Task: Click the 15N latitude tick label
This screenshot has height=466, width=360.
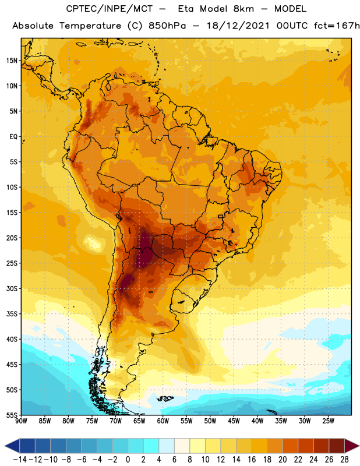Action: [12, 61]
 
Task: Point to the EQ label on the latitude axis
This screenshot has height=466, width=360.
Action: [13, 137]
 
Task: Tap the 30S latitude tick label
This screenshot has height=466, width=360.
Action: [12, 288]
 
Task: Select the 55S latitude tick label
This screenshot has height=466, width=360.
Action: [12, 415]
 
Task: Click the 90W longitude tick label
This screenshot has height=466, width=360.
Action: [21, 421]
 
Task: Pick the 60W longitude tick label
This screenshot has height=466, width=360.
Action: [163, 421]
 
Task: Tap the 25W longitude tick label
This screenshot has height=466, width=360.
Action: [328, 421]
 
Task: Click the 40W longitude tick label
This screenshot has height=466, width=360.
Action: [257, 421]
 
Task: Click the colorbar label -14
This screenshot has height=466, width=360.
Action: [20, 460]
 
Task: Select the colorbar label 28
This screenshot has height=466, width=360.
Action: [344, 460]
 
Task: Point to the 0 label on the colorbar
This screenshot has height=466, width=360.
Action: [128, 460]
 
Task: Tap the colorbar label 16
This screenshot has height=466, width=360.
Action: [252, 460]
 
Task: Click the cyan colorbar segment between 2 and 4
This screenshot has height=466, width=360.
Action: [151, 446]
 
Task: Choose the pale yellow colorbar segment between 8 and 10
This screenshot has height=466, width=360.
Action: [197, 446]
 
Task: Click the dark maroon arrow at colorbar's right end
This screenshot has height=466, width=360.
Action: [351, 446]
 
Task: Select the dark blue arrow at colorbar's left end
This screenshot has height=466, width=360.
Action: [12, 446]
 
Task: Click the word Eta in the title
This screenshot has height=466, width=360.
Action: [186, 9]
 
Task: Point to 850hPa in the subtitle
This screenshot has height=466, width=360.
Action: [167, 26]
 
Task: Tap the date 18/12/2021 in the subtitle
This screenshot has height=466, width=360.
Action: [238, 26]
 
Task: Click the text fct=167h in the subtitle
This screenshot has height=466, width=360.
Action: [337, 26]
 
